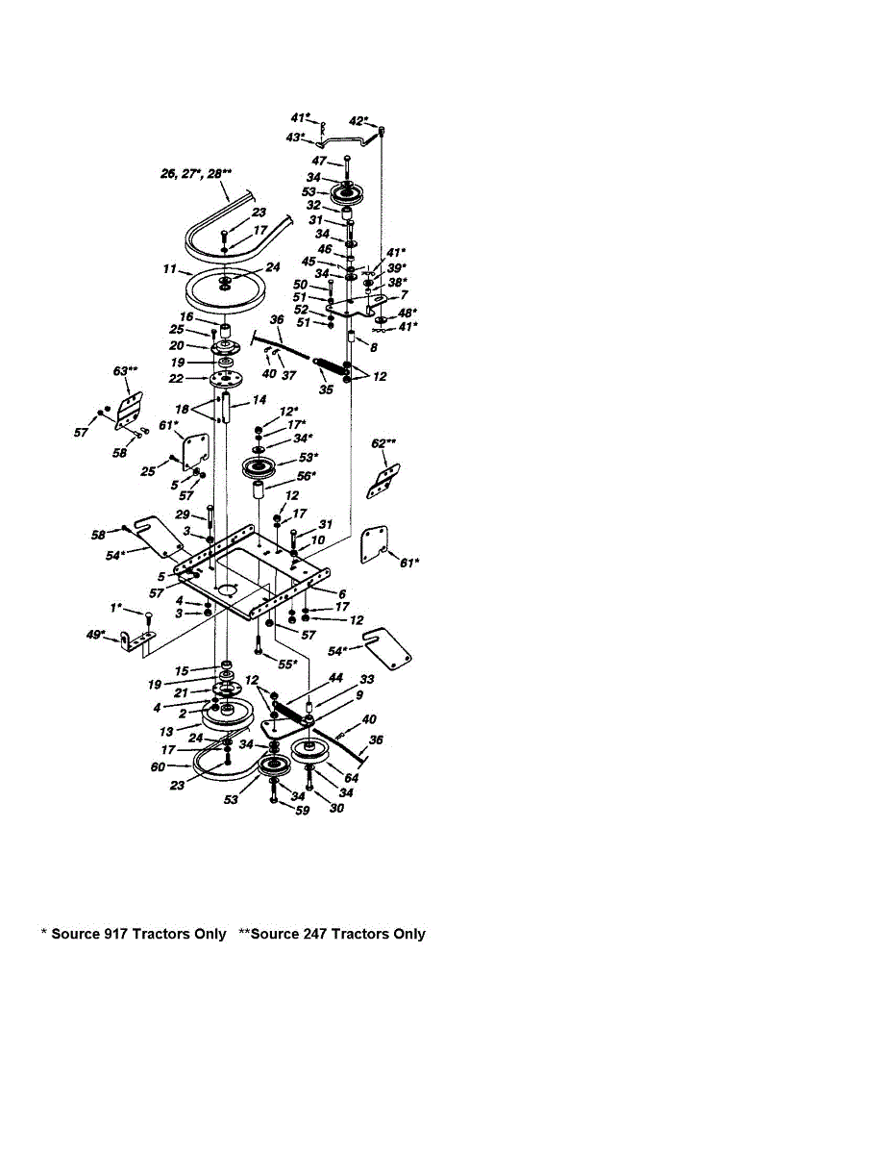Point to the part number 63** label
coord(127,369)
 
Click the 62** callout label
coord(385,443)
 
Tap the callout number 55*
coord(287,664)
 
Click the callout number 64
coord(352,777)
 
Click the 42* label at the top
coord(358,121)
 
